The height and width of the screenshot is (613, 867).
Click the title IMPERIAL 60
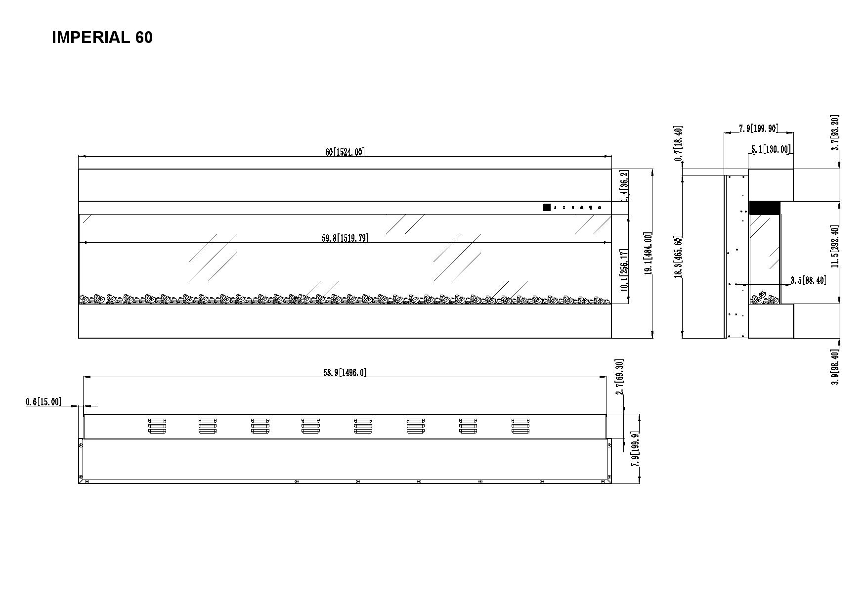point(102,38)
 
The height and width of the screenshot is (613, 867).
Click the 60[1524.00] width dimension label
point(345,152)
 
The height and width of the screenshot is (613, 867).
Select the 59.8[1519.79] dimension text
point(345,238)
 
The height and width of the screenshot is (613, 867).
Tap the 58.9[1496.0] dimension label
point(345,372)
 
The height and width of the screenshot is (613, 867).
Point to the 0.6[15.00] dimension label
point(43,402)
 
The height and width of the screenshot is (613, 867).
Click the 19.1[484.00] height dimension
point(648,254)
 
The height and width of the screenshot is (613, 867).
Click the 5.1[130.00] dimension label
point(771,149)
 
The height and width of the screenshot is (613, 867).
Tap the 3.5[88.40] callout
point(808,280)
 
